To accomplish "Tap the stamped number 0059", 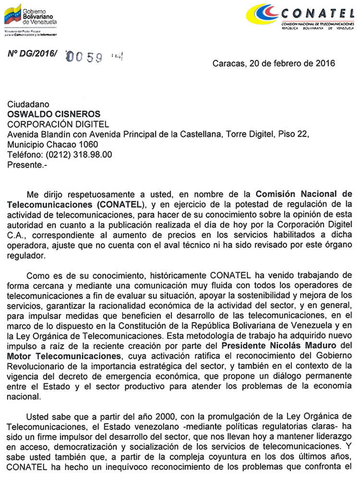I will pos(85,57).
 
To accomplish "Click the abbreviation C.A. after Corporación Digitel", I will pos(16,235).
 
